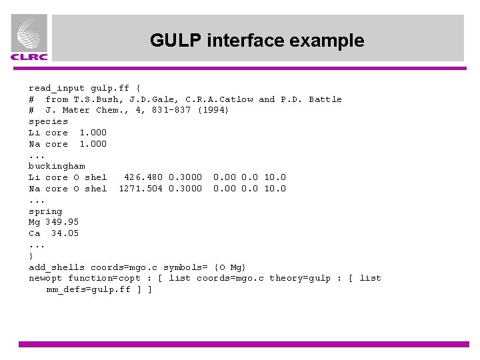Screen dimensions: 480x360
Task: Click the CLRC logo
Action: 29,39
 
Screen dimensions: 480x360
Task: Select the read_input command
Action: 56,88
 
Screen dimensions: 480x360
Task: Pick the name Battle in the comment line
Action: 325,99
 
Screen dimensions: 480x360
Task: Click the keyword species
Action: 48,121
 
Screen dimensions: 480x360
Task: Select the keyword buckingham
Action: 57,166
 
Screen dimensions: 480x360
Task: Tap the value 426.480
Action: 143,177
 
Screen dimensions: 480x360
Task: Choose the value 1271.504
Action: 141,189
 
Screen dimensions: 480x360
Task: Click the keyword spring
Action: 45,211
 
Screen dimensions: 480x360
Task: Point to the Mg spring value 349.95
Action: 62,222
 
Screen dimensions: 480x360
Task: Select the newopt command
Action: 45,278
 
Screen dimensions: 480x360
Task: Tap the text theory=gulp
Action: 299,278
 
